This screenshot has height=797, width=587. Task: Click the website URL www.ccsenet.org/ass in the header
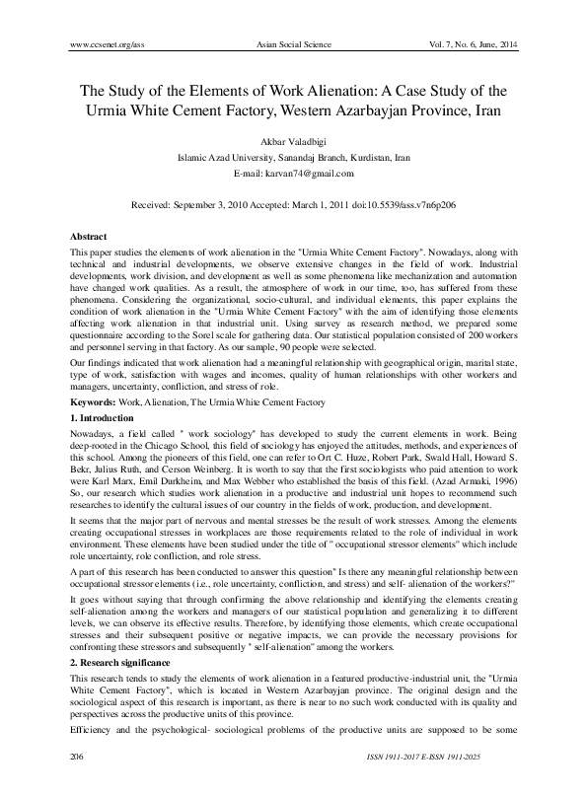pyautogui.click(x=110, y=45)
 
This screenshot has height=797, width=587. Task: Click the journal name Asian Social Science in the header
pyautogui.click(x=292, y=45)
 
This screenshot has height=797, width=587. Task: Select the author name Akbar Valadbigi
pyautogui.click(x=292, y=140)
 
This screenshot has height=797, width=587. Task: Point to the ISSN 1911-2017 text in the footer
pyautogui.click(x=416, y=782)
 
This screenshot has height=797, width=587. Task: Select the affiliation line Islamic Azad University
pyautogui.click(x=292, y=157)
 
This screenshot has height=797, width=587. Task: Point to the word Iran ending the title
pyautogui.click(x=484, y=109)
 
